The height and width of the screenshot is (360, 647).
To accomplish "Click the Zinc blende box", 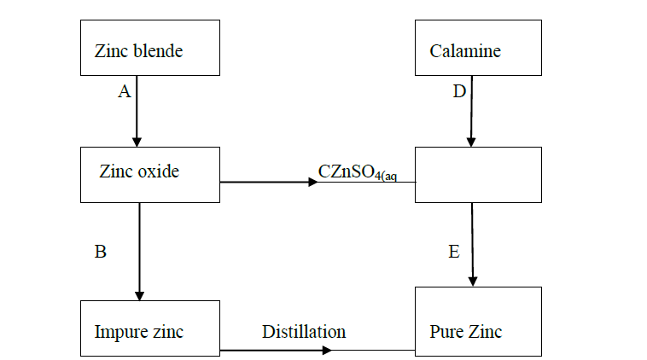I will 150,49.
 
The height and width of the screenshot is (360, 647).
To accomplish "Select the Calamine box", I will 478,49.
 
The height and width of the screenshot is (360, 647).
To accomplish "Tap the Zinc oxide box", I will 150,174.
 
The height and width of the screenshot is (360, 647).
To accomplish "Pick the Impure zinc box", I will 150,328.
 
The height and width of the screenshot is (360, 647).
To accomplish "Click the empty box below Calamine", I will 478,174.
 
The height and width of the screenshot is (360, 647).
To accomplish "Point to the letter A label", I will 124,92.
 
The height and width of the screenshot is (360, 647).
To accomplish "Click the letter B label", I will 100,252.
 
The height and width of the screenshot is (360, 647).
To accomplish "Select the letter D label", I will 459,92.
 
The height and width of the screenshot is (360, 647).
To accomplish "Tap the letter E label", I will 454,252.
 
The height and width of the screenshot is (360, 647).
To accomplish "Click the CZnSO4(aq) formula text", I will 357,172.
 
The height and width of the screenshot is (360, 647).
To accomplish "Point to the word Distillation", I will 304,331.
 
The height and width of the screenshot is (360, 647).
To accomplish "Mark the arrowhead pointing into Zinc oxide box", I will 137,142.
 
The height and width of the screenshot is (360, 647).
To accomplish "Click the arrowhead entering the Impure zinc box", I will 139,295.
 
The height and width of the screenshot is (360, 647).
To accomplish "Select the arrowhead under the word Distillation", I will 327,350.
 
